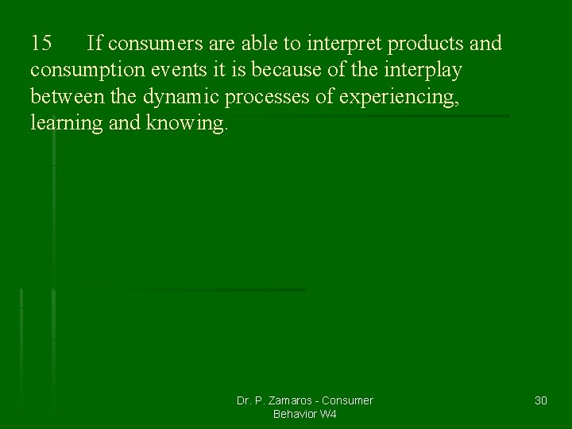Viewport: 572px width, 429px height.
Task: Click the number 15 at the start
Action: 41,43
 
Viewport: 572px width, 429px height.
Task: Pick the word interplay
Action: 422,70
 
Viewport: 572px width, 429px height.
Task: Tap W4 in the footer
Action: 330,414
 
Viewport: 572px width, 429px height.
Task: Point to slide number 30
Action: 540,400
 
